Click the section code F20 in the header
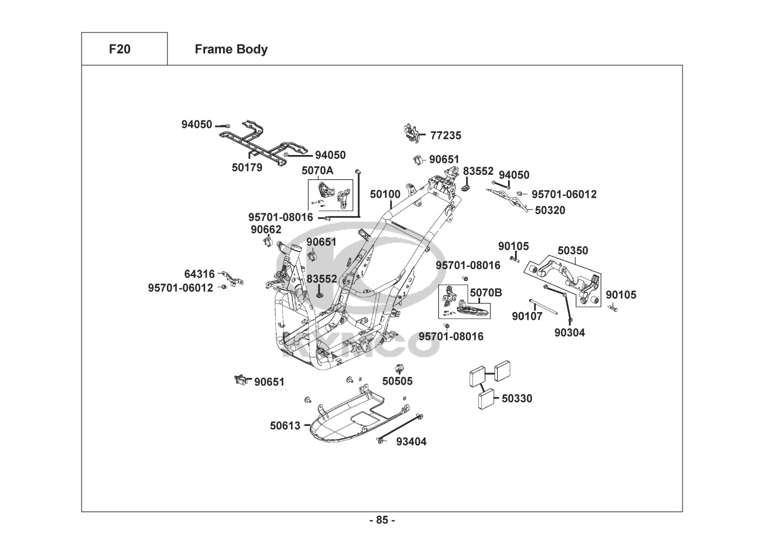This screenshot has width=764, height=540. (x=119, y=49)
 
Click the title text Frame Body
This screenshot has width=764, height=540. (x=231, y=49)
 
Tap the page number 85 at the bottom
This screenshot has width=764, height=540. (x=382, y=520)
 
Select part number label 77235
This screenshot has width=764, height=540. (x=445, y=136)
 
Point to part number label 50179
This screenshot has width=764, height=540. (x=247, y=167)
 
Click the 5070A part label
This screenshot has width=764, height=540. (x=317, y=171)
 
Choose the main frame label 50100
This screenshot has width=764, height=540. (x=385, y=194)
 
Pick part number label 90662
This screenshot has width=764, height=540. (x=266, y=230)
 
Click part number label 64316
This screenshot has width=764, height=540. (x=199, y=274)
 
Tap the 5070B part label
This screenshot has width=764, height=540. (x=485, y=293)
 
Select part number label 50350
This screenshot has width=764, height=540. (x=573, y=251)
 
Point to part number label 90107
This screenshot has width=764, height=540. (x=527, y=316)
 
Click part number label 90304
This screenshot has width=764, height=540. (x=570, y=333)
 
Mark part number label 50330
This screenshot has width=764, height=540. (x=517, y=399)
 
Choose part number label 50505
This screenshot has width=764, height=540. (x=397, y=381)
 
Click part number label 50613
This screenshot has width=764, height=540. (x=285, y=426)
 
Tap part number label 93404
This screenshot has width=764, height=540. (x=411, y=442)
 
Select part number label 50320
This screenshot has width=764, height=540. (x=550, y=210)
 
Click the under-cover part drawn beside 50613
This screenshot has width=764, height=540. (x=351, y=418)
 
